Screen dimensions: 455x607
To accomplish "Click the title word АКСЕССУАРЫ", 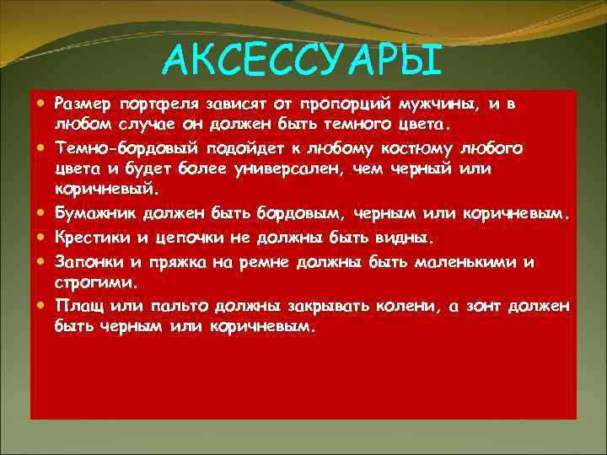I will pyautogui.click(x=303, y=58).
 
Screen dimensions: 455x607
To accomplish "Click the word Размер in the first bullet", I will pyautogui.click(x=82, y=104).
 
